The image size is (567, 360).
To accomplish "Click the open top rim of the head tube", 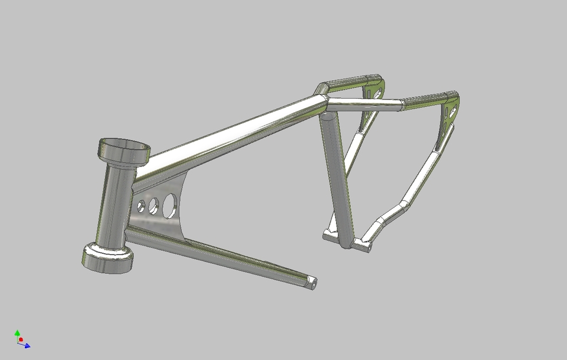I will [x=124, y=146].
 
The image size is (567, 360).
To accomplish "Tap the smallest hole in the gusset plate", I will [x=141, y=206].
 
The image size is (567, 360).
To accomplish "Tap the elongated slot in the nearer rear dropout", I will [x=452, y=112].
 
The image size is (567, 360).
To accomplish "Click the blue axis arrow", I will [x=27, y=345].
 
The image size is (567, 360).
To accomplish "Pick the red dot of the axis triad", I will [x=21, y=340].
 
